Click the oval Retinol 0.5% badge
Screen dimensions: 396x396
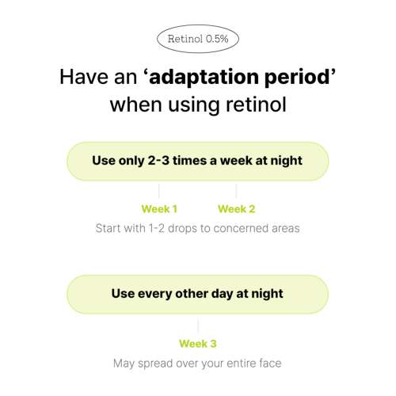coord(198,39)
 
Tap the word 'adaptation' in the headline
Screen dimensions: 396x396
coord(204,77)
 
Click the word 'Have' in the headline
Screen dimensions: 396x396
coord(84,77)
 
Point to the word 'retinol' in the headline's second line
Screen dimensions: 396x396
coord(256,105)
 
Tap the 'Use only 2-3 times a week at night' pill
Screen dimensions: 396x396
coord(198,162)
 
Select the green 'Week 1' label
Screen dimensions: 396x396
coord(159,209)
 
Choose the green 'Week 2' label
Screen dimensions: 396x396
coord(237,209)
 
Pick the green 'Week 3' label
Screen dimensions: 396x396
coord(198,344)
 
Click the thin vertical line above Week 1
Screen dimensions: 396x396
coord(159,191)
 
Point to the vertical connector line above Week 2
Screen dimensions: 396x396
coord(236,191)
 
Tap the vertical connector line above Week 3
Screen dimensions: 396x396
coord(198,326)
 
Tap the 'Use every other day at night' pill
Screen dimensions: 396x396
coord(198,295)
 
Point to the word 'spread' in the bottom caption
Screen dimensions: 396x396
coord(155,364)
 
